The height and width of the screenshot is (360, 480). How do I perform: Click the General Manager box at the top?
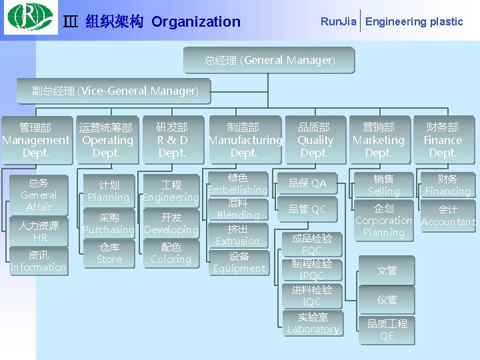pyautogui.click(x=270, y=61)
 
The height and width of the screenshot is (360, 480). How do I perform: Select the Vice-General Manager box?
pyautogui.click(x=115, y=91)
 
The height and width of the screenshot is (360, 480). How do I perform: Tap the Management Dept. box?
pyautogui.click(x=35, y=140)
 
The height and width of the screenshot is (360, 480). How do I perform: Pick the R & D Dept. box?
pyautogui.click(x=172, y=140)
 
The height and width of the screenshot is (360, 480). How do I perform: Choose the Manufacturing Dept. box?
pyautogui.click(x=245, y=140)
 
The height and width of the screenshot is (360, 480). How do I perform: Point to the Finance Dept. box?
pyautogui.click(x=443, y=140)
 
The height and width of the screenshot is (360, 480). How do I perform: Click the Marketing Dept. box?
pyautogui.click(x=379, y=140)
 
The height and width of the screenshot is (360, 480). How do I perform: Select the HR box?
pyautogui.click(x=39, y=231)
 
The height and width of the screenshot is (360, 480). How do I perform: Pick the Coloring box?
pyautogui.click(x=171, y=253)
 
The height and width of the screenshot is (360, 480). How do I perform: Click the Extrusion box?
pyautogui.click(x=238, y=235)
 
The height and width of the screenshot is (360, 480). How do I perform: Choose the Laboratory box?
pyautogui.click(x=313, y=323)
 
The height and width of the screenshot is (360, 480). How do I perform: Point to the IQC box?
pyautogui.click(x=312, y=295)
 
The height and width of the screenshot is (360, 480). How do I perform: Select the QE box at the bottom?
pyautogui.click(x=387, y=330)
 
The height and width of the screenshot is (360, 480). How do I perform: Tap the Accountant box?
pyautogui.click(x=448, y=216)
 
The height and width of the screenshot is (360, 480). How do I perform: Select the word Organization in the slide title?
pyautogui.click(x=196, y=22)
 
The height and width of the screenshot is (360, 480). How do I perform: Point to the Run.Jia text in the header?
pyautogui.click(x=339, y=21)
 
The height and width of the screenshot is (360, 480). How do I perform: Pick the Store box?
pyautogui.click(x=109, y=253)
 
